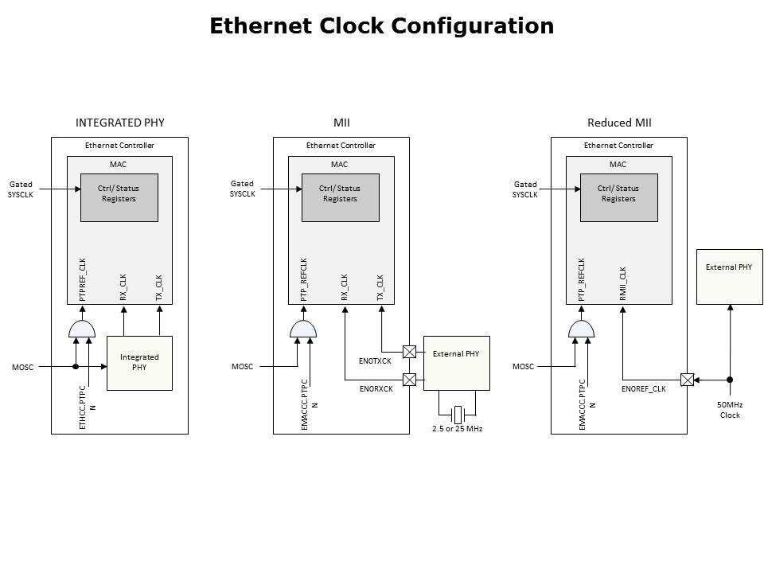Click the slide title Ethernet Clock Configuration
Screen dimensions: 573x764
point(381,26)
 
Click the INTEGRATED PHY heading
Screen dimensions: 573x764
point(119,123)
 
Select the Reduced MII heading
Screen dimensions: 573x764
point(619,123)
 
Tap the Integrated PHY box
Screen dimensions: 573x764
point(139,362)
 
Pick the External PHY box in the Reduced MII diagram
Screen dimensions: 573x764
point(728,276)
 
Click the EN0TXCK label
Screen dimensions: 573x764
point(375,361)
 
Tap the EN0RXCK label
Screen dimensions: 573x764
point(376,388)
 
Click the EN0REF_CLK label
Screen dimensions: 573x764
point(643,388)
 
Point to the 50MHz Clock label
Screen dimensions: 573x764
point(729,410)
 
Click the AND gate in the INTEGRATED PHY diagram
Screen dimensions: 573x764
point(81,329)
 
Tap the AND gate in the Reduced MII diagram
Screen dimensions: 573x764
point(581,329)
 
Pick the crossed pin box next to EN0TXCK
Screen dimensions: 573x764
point(409,351)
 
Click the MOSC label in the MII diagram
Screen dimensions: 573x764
point(242,367)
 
